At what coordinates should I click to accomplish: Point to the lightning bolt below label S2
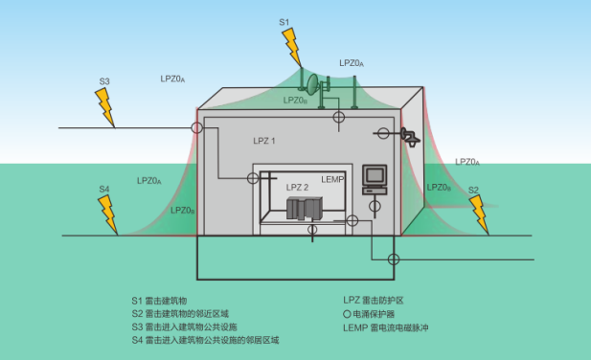pyautogui.click(x=479, y=215)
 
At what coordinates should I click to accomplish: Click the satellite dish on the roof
pyautogui.click(x=311, y=84)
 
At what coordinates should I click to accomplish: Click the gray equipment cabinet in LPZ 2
pyautogui.click(x=305, y=206)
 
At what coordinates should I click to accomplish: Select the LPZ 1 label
pyautogui.click(x=263, y=141)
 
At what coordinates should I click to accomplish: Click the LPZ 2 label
pyautogui.click(x=298, y=188)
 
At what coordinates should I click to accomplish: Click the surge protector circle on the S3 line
pyautogui.click(x=196, y=127)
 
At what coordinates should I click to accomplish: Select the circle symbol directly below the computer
pyautogui.click(x=352, y=221)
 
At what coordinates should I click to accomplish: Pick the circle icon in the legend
pyautogui.click(x=348, y=313)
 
